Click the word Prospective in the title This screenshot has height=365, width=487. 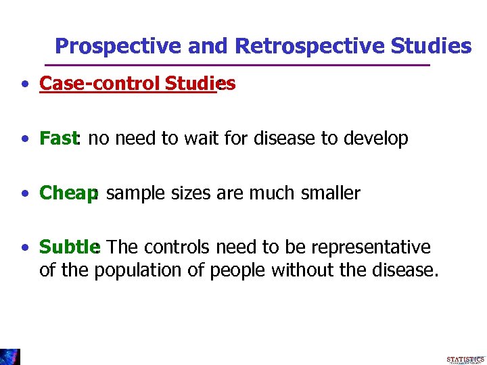[108, 46]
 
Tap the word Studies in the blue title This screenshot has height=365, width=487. [430, 46]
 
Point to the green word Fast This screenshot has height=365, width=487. [58, 139]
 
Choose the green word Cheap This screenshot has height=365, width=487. [68, 193]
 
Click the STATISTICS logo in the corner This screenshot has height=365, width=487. [465, 359]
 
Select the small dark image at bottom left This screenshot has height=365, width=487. [10, 357]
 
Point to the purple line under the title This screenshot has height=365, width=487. [237, 65]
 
